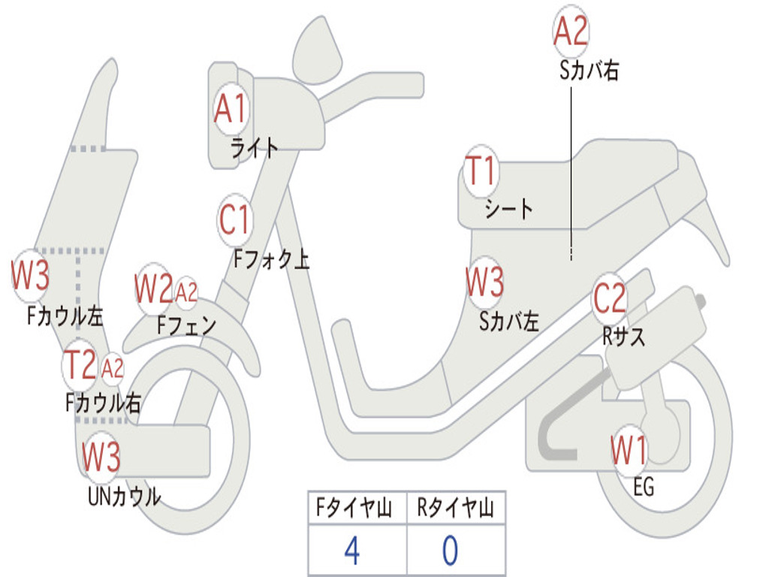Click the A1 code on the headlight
[230, 110]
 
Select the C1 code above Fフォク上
[234, 221]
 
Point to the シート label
[508, 208]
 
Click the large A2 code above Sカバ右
[571, 32]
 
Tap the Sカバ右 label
[589, 71]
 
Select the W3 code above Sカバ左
[484, 282]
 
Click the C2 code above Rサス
[609, 299]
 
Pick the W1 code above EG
[629, 451]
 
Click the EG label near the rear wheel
[644, 488]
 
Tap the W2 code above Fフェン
[154, 288]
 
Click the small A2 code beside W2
[186, 292]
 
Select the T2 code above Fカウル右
[80, 365]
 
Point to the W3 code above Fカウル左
[31, 276]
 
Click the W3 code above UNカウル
[101, 455]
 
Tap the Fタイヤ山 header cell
[357, 510]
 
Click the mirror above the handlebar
[317, 51]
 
